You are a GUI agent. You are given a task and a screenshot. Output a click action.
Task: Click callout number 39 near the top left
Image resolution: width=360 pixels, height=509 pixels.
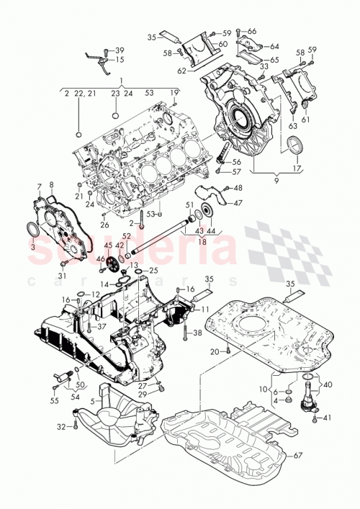point(120,50)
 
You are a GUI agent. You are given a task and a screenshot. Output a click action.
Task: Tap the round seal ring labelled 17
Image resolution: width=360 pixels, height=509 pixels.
point(295,149)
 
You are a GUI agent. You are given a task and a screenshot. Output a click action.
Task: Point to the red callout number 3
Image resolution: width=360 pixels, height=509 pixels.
point(33,245)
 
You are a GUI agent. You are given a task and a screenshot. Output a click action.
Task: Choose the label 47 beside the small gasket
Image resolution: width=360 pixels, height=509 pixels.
point(238,203)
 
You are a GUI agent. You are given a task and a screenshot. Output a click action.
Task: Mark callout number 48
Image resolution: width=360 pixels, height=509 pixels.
point(238,188)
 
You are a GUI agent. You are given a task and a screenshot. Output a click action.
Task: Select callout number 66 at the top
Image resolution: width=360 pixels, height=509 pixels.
point(252,31)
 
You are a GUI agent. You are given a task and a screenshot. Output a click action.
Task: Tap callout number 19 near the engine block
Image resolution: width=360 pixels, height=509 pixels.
point(174,94)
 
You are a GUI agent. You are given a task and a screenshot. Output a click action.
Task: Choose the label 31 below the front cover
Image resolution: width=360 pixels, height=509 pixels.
point(62,276)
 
